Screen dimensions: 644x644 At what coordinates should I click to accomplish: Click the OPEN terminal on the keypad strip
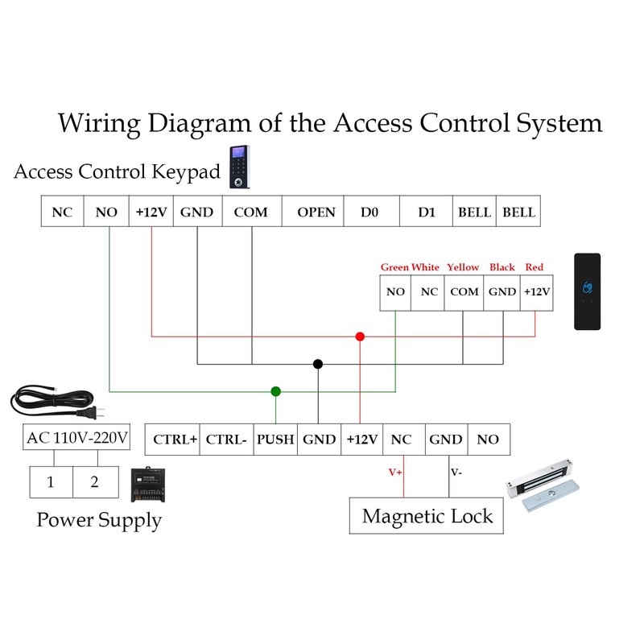click(316, 213)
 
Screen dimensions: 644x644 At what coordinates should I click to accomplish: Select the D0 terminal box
click(369, 213)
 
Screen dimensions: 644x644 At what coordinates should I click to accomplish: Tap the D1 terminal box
click(427, 213)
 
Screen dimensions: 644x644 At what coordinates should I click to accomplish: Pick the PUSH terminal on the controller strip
click(276, 440)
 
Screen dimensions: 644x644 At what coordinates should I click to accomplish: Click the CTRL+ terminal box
click(175, 440)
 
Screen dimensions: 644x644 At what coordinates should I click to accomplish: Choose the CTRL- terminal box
click(226, 440)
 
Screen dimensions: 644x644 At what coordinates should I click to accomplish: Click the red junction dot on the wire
click(360, 336)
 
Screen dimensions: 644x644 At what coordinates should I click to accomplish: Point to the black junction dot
click(319, 364)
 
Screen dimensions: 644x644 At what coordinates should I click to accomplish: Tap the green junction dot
click(276, 391)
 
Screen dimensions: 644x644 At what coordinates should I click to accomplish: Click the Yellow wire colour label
click(463, 267)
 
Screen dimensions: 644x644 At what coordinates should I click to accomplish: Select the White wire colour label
click(425, 267)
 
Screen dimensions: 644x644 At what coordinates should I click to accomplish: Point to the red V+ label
click(395, 473)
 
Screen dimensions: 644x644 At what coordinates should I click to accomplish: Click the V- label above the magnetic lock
click(456, 473)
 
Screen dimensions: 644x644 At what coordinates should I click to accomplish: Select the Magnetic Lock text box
click(427, 516)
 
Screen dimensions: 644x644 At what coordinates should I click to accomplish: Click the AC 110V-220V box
click(77, 439)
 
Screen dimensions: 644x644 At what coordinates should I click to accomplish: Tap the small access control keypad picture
click(239, 167)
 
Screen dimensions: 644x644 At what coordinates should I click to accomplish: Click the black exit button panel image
click(587, 291)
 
